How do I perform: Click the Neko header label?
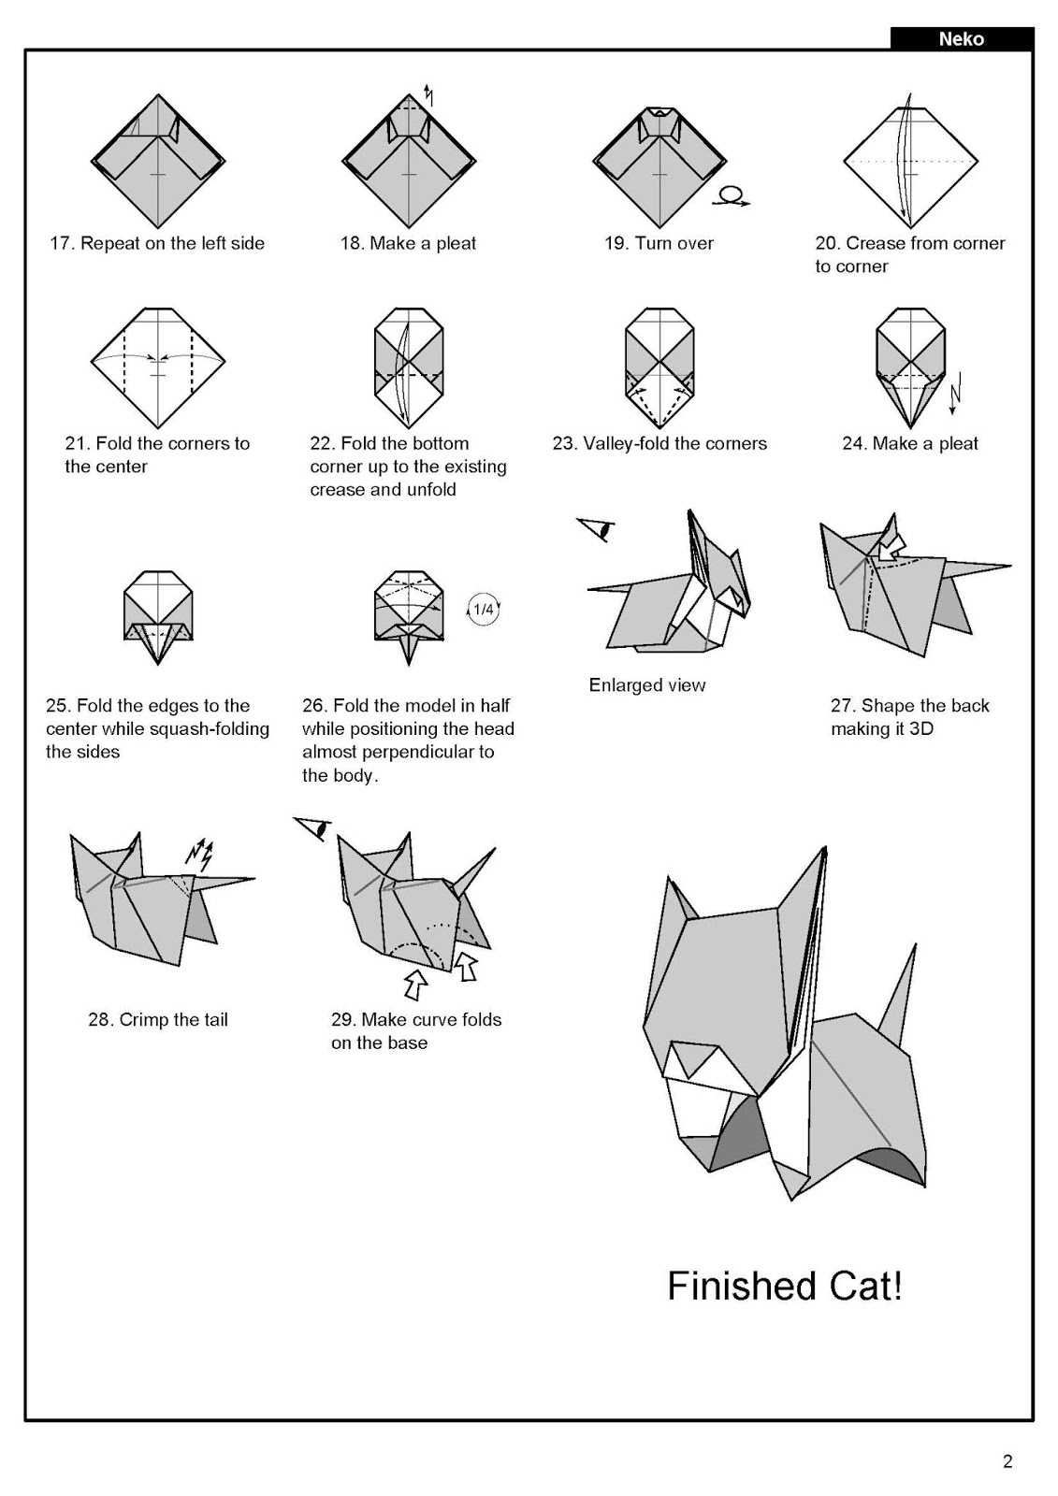click(961, 39)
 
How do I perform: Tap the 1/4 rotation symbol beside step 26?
click(483, 610)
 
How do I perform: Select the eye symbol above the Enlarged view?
click(596, 529)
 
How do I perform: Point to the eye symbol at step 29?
click(313, 827)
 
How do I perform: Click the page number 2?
click(1007, 1461)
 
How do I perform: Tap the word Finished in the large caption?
click(727, 1287)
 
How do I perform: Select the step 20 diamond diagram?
click(910, 161)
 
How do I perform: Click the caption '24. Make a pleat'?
click(909, 443)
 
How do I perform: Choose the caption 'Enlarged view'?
click(646, 685)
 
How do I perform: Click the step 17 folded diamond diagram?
click(157, 161)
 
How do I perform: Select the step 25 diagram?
click(157, 617)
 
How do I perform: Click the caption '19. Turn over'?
click(659, 243)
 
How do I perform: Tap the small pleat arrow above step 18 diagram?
click(428, 93)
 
